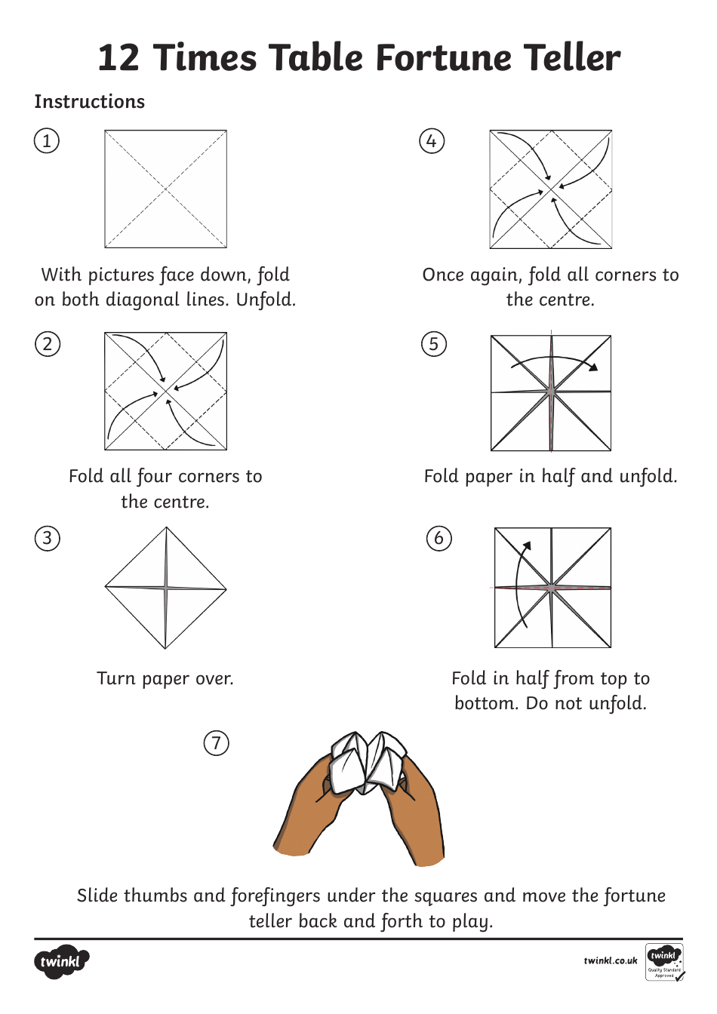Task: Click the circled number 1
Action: (47, 141)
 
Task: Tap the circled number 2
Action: (48, 344)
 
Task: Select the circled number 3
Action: (48, 539)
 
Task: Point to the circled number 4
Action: (432, 141)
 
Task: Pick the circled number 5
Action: (433, 344)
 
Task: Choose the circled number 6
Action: (439, 539)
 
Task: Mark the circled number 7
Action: (217, 743)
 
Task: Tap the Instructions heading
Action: (89, 102)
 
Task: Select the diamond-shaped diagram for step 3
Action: (165, 588)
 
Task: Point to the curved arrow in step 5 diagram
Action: (555, 361)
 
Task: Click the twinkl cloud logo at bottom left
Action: (61, 962)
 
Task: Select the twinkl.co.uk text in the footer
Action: (610, 961)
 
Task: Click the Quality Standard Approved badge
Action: (665, 962)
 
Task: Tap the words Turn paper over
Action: (165, 679)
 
